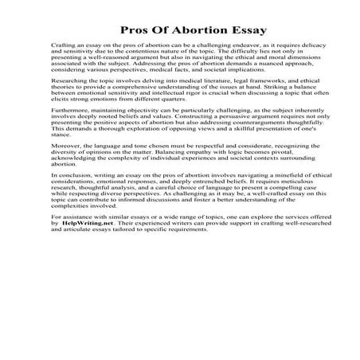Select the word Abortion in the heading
click(181, 31)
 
